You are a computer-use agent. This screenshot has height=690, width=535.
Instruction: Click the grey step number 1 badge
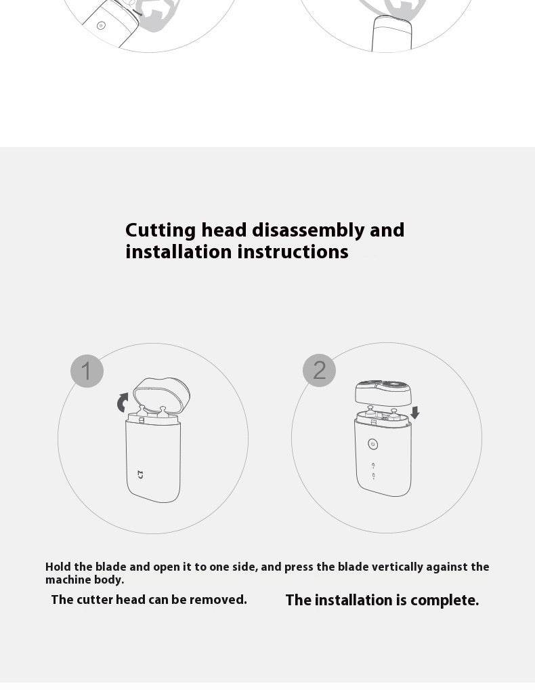87,371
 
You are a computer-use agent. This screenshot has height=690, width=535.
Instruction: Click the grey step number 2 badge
319,371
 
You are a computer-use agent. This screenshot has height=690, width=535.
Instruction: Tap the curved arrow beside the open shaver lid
123,403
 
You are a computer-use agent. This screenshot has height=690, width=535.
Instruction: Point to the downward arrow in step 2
414,413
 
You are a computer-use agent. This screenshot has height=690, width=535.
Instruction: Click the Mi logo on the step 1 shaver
140,474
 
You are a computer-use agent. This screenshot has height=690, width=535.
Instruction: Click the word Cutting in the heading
160,230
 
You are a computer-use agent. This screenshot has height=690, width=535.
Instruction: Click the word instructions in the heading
293,252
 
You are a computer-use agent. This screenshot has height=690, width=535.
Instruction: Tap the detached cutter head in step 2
383,392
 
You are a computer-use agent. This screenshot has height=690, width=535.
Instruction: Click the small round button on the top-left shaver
101,26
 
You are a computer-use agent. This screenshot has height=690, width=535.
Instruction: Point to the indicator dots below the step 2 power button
373,470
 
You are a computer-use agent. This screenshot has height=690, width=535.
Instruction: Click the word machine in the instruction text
67,580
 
